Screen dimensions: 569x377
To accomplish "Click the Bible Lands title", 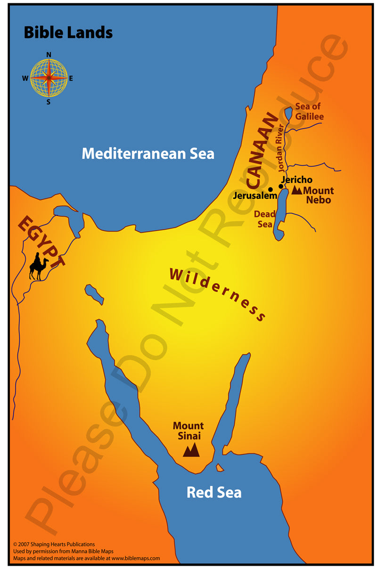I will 68,33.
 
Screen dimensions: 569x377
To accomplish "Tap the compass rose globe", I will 49,78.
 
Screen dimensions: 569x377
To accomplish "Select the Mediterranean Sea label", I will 148,153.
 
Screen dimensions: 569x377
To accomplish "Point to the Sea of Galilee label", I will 309,111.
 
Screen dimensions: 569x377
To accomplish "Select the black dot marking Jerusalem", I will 270,189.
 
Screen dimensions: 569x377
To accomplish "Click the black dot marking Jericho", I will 281,187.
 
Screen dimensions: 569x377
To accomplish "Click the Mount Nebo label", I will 318,195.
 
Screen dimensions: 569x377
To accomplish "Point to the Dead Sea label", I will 264,219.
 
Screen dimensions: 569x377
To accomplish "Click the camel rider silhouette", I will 39,267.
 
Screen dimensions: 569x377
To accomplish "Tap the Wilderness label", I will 217,294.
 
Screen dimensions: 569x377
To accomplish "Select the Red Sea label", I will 214,492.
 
